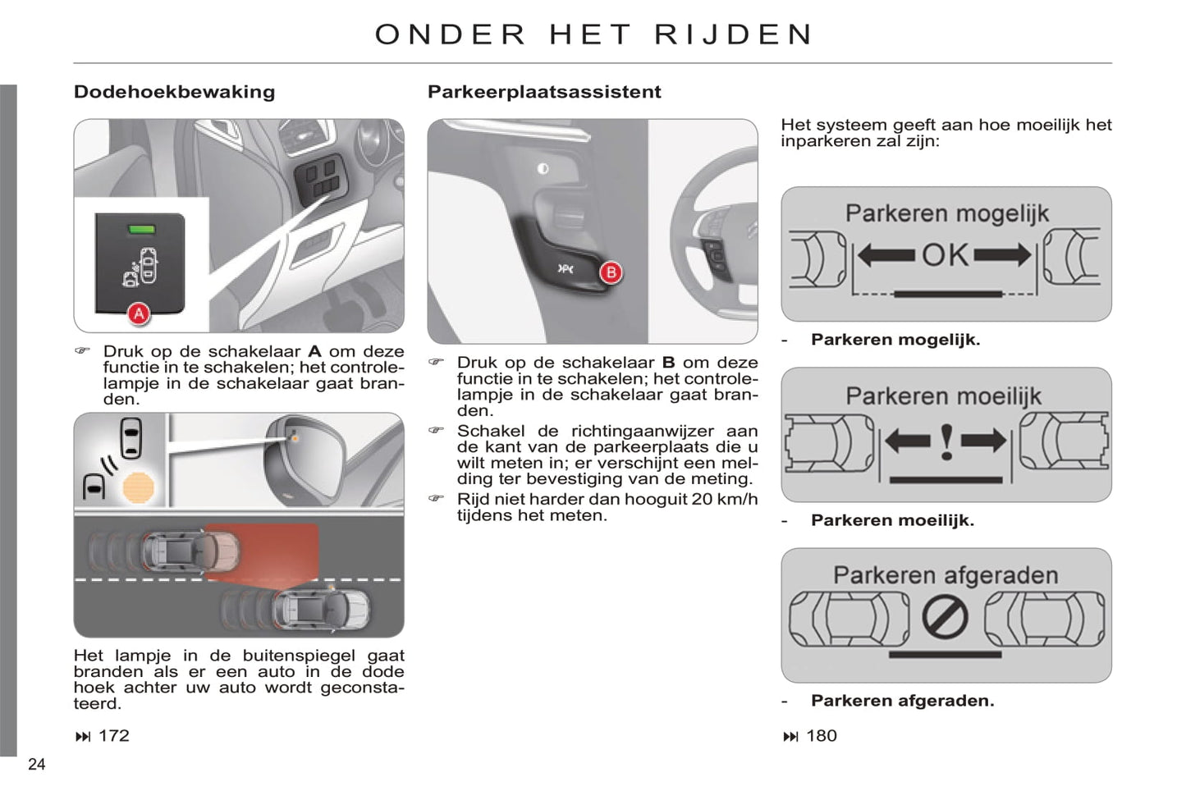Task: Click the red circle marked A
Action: (x=139, y=314)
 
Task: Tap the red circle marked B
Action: (x=611, y=272)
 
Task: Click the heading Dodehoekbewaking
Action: (x=174, y=92)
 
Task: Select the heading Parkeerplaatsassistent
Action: (x=544, y=92)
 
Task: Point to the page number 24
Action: (x=37, y=764)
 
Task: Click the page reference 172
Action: (x=114, y=735)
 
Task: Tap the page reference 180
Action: (x=822, y=735)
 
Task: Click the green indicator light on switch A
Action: (x=142, y=229)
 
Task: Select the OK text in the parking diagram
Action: (x=945, y=255)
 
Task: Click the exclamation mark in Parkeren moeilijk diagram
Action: (x=946, y=442)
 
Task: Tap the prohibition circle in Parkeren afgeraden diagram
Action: (x=945, y=617)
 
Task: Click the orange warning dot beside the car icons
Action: (x=138, y=487)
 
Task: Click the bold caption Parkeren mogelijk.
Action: (x=895, y=340)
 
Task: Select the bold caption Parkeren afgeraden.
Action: (x=903, y=701)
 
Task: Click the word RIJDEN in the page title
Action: (x=733, y=34)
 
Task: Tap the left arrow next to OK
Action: (x=886, y=255)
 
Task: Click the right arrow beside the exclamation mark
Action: (x=984, y=441)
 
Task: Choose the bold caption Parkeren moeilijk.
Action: (x=893, y=520)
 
